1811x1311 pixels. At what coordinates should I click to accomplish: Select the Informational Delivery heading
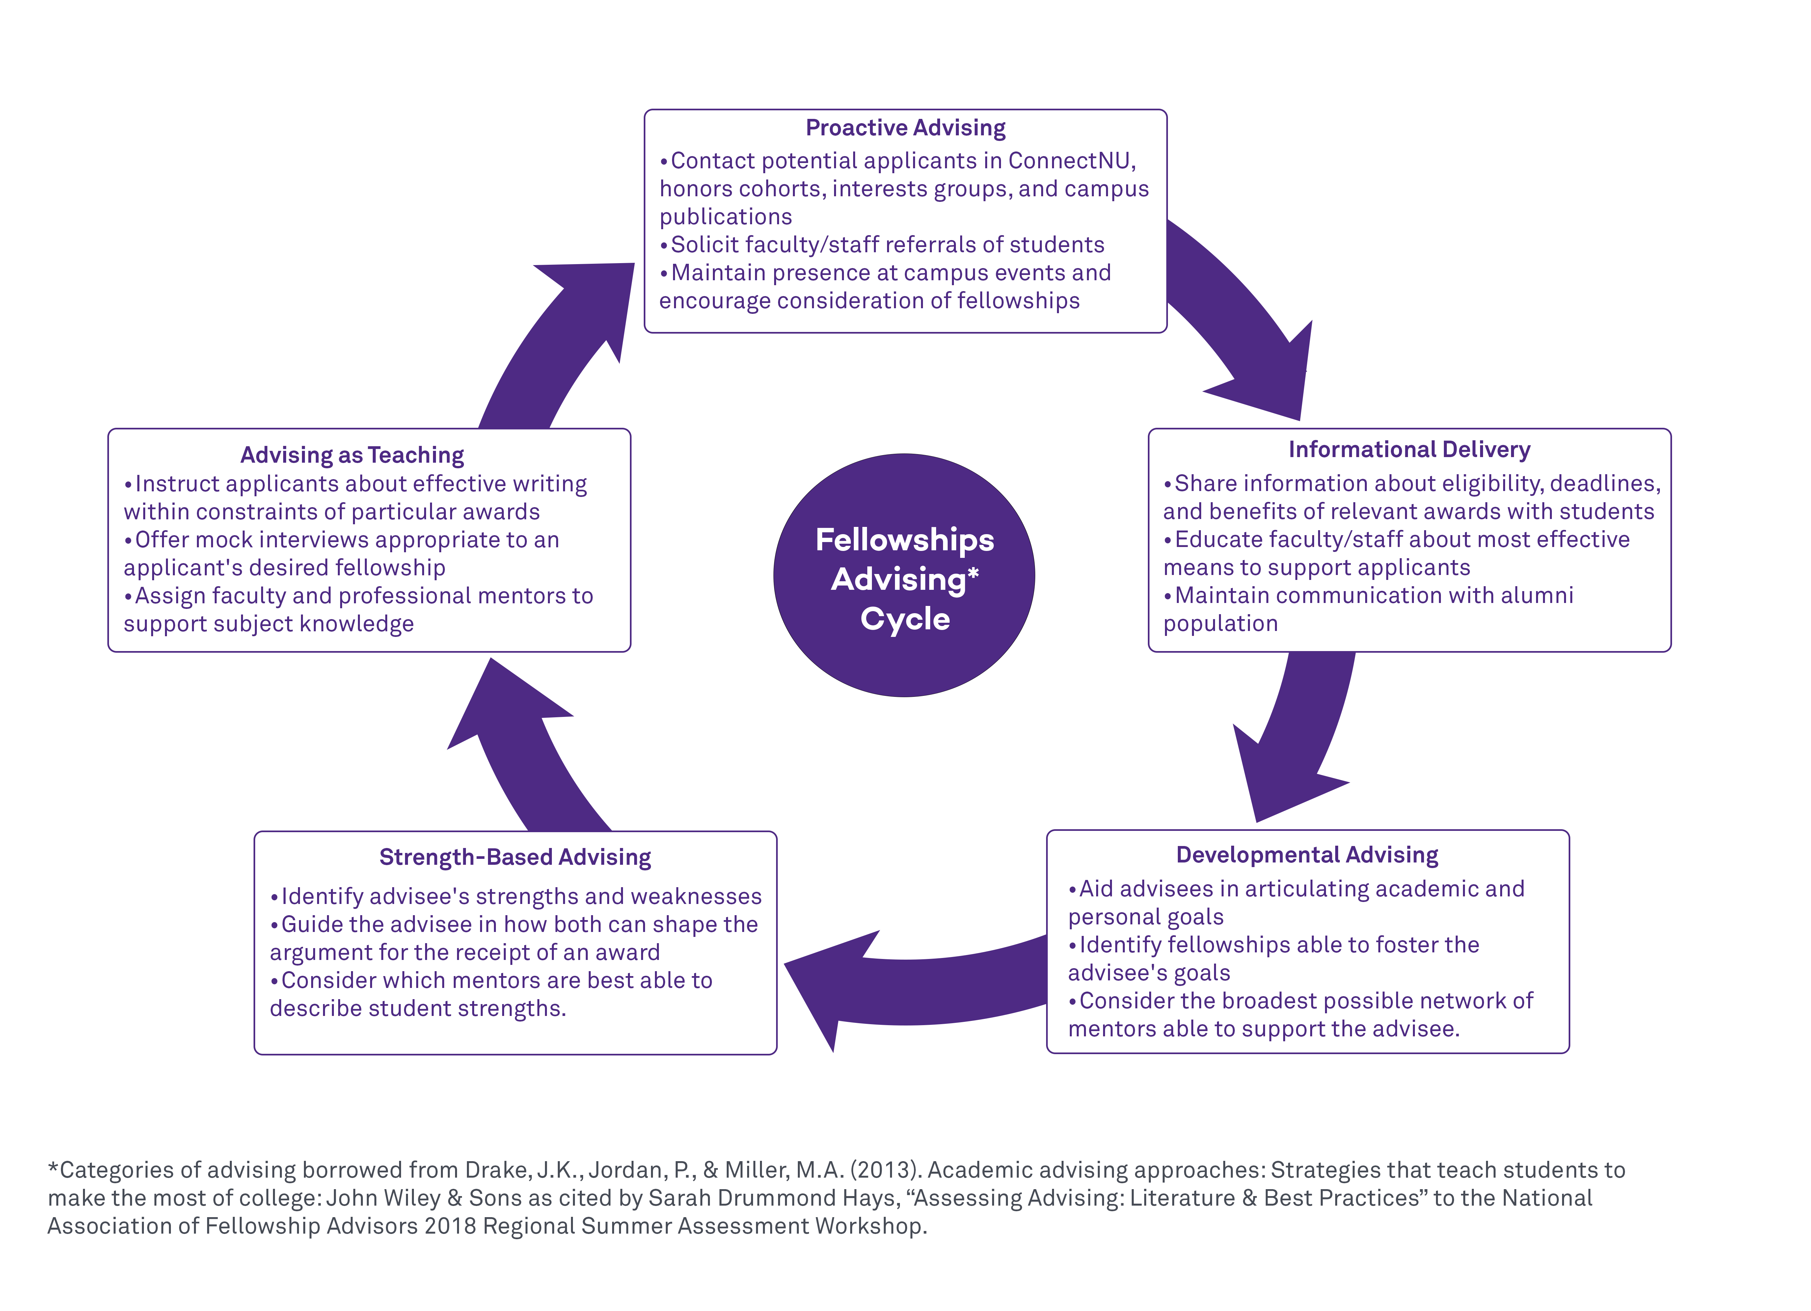coord(1409,450)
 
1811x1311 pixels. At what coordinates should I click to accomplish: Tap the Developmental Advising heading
coord(1307,855)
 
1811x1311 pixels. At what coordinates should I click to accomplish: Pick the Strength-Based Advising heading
coord(515,858)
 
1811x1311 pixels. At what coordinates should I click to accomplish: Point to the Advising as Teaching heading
coord(352,455)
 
